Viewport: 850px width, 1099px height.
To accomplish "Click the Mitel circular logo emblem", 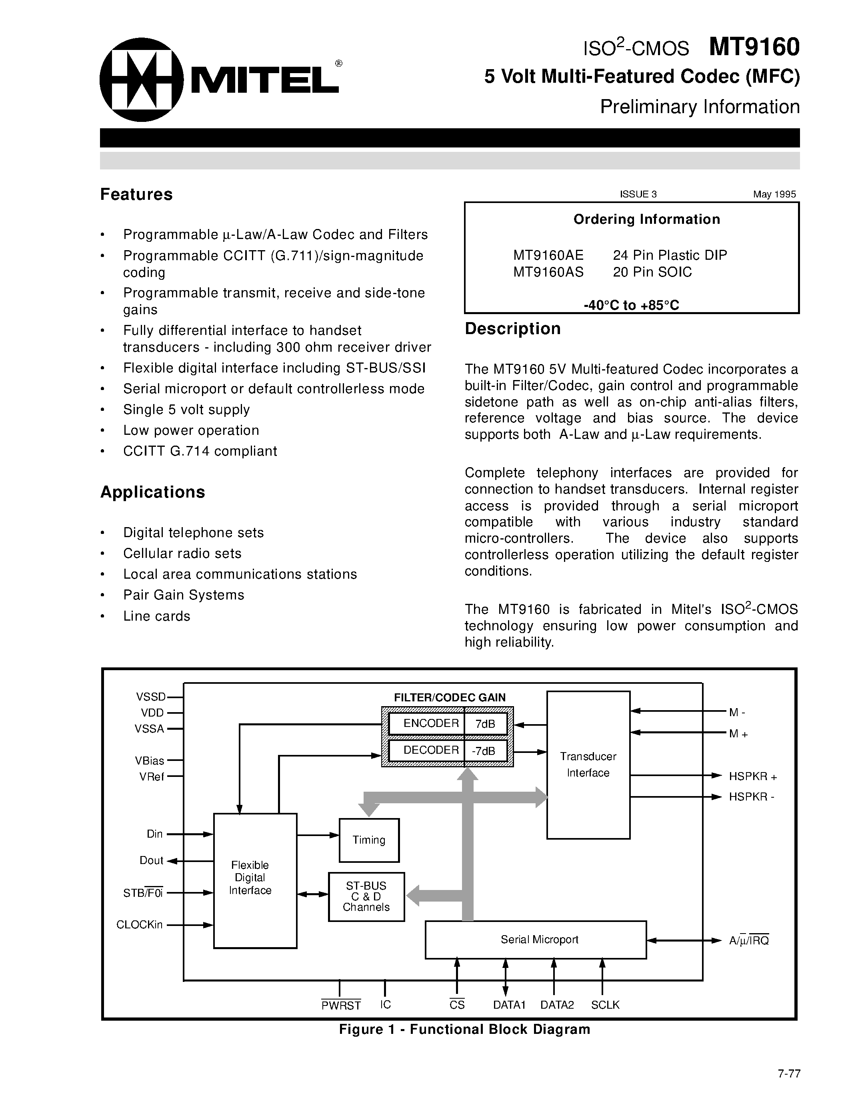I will click(142, 80).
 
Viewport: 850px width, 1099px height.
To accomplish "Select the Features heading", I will click(136, 194).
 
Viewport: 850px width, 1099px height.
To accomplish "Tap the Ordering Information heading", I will click(646, 219).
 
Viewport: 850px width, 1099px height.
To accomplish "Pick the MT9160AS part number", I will click(548, 272).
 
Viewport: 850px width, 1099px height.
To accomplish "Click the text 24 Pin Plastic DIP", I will click(670, 255).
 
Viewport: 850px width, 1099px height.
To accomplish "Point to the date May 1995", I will click(774, 194).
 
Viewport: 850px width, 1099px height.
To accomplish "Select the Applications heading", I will click(152, 492).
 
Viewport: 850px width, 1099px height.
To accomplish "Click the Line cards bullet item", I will click(157, 616).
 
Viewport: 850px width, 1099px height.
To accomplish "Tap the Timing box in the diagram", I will click(369, 840).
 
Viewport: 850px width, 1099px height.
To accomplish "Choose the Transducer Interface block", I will click(588, 765).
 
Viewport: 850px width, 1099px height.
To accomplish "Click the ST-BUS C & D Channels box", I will click(366, 896).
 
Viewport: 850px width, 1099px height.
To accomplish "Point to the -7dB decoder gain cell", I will click(484, 751).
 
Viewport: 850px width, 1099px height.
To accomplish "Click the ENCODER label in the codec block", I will click(431, 724).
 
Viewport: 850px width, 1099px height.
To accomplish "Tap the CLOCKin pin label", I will click(140, 925).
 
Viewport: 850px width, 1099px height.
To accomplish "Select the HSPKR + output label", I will click(752, 776).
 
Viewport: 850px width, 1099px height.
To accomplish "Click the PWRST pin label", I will click(341, 1005).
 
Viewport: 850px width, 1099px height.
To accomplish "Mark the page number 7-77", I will click(788, 1073).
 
